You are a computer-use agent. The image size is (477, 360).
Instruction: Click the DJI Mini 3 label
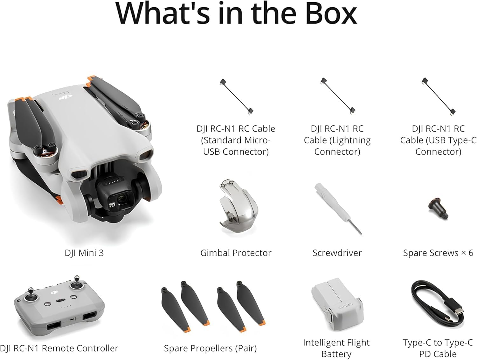tap(84, 253)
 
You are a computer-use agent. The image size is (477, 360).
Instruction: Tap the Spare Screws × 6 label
tap(438, 253)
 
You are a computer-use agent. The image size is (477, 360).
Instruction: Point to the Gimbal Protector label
tap(236, 253)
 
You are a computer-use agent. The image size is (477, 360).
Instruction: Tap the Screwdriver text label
tap(337, 253)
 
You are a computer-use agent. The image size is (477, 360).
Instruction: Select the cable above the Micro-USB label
tap(237, 97)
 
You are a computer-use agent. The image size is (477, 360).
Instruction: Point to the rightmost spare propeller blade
tap(251, 303)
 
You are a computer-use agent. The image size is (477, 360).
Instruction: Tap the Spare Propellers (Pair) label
tap(210, 349)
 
